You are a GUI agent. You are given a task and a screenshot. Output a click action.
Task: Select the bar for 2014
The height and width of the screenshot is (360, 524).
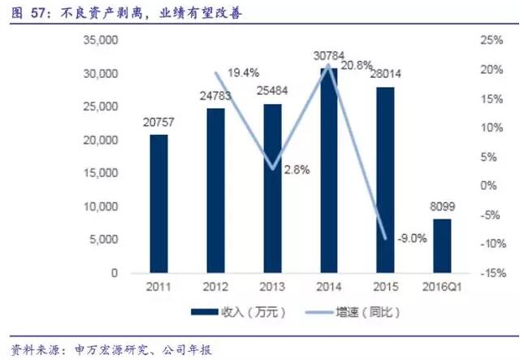pyautogui.click(x=328, y=171)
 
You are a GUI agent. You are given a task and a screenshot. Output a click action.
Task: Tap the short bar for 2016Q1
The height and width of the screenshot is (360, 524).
pyautogui.click(x=441, y=245)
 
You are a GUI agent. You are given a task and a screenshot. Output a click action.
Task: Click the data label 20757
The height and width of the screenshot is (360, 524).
pyautogui.click(x=158, y=123)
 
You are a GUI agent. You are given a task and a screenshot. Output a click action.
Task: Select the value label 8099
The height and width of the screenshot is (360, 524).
pyautogui.click(x=441, y=206)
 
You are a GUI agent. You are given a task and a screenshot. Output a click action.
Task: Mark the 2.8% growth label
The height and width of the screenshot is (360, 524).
pyautogui.click(x=297, y=171)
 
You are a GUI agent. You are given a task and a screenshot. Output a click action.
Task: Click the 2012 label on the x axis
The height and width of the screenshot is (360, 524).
pyautogui.click(x=215, y=288)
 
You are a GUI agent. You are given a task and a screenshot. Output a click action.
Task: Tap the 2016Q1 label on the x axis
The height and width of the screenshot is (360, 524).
pyautogui.click(x=441, y=288)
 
